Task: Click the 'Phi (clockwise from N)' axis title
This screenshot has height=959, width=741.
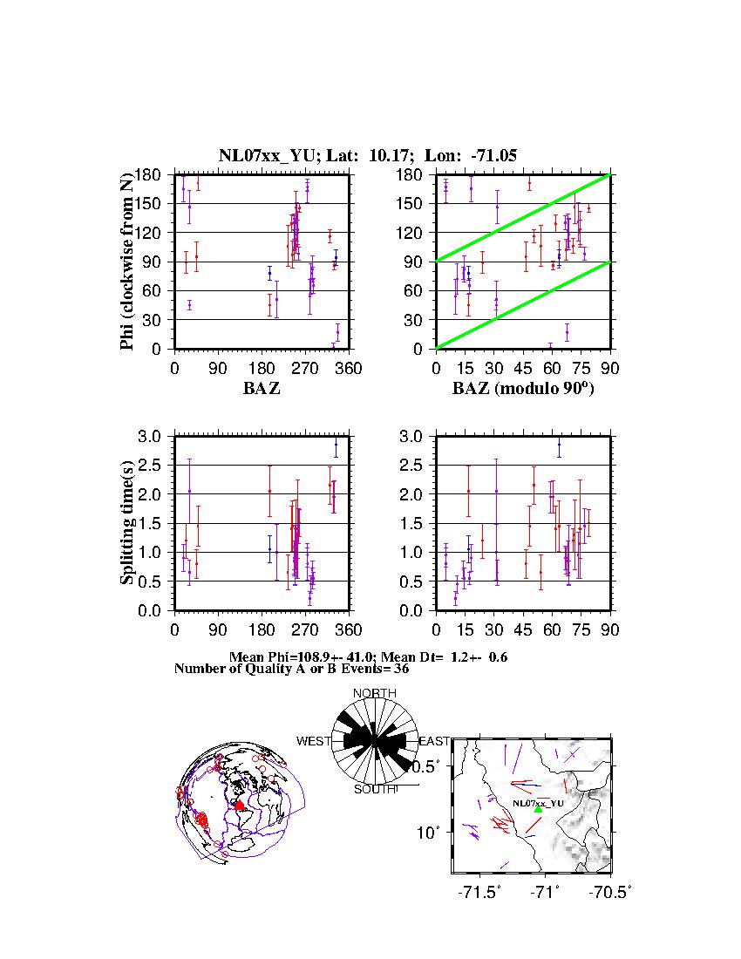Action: pos(128,262)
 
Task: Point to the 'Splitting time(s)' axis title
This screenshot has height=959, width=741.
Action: pos(128,523)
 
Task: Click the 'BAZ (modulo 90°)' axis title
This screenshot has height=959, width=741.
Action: pos(522,389)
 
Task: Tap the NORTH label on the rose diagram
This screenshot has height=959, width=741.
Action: pos(375,693)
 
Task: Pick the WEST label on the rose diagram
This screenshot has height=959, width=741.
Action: pos(314,742)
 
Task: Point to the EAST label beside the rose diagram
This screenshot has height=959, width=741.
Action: pos(435,742)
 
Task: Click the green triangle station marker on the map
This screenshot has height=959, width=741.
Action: pos(538,809)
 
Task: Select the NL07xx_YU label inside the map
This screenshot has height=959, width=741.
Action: pos(537,802)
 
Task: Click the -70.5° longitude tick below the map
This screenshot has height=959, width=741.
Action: pos(611,892)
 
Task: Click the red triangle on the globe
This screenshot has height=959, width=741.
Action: pos(241,805)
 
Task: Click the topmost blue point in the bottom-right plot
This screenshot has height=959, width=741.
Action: pos(559,445)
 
